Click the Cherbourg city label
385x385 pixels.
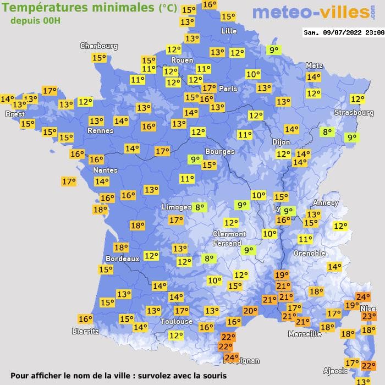coord(98,46)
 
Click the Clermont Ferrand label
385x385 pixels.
coord(229,238)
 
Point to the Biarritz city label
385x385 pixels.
coord(85,331)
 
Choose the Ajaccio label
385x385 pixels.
coord(335,371)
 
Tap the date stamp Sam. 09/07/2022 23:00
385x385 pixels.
coord(343,32)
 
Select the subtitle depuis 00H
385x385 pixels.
coord(35,20)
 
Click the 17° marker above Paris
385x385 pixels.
coord(208,87)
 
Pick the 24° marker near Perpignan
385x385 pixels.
coord(232,357)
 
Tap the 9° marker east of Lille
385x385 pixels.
coord(273,50)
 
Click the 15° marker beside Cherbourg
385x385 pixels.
coord(99,58)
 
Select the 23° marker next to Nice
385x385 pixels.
coord(369,316)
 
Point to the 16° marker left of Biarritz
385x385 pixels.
coord(85,319)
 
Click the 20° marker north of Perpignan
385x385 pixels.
coord(250,311)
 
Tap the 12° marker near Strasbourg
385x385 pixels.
coord(358,99)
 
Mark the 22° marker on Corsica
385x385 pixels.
coord(368,365)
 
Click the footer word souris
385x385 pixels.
coord(213,376)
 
